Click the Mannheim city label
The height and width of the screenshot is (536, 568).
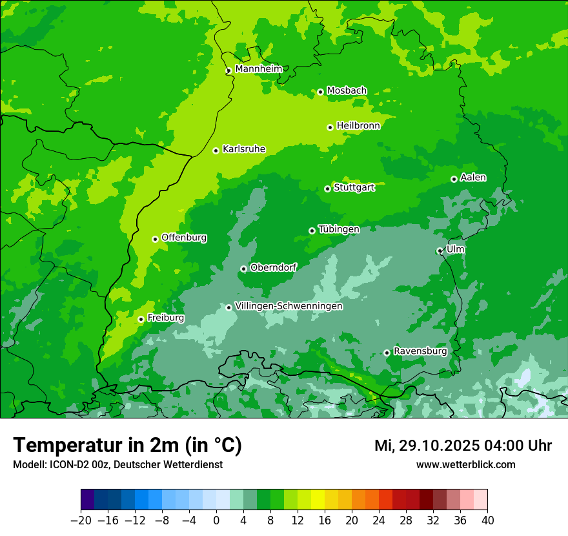(x=258, y=69)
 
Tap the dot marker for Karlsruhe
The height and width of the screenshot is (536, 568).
(x=216, y=151)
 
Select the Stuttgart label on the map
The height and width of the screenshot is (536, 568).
(x=354, y=187)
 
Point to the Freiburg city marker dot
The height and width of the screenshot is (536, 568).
(x=141, y=319)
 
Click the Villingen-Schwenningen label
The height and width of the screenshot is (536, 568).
(x=289, y=306)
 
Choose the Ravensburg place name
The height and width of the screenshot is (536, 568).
(x=420, y=351)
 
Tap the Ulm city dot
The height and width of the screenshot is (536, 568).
(x=440, y=251)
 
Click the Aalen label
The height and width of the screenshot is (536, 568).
(x=473, y=178)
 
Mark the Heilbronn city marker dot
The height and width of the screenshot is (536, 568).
(x=330, y=127)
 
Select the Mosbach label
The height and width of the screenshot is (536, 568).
(x=347, y=91)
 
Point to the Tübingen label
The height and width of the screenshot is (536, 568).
(x=339, y=229)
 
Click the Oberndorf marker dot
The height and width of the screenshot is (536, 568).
(x=243, y=269)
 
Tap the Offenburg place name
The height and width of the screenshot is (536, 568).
(x=184, y=238)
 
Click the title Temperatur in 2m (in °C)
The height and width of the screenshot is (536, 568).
(x=127, y=446)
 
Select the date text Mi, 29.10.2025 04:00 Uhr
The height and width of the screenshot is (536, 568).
(x=463, y=446)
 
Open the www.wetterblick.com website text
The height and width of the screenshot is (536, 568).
(x=465, y=464)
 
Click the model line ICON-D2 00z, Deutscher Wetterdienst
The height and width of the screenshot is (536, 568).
(x=117, y=464)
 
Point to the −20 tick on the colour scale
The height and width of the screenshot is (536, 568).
(x=81, y=521)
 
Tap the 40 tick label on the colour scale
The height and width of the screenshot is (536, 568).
(x=487, y=521)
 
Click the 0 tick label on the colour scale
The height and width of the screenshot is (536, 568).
(x=216, y=521)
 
